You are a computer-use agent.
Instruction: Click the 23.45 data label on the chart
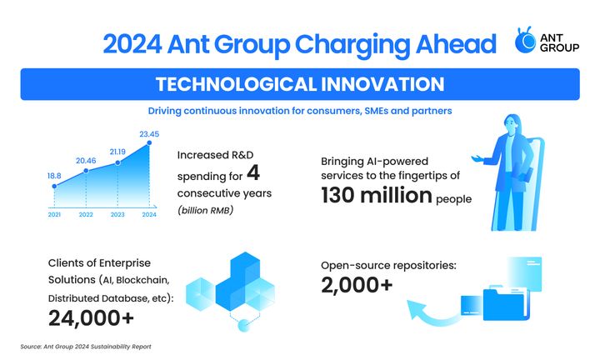[149, 134]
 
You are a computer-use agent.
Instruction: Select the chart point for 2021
[54, 187]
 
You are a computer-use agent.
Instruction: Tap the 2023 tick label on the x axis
[117, 215]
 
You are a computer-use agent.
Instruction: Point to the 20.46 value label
[86, 161]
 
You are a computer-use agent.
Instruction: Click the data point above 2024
[149, 142]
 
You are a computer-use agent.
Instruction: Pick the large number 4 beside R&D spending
[253, 172]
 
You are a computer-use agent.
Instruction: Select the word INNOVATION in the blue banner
[382, 84]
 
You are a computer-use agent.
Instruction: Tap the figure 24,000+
[91, 318]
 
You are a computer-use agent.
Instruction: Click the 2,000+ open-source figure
[357, 285]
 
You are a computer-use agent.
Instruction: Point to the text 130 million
[377, 195]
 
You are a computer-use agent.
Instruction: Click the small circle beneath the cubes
[243, 326]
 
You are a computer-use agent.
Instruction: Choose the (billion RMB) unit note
[206, 210]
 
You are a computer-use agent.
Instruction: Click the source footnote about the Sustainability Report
[86, 347]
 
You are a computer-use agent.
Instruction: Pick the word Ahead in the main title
[456, 44]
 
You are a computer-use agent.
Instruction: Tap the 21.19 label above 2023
[117, 152]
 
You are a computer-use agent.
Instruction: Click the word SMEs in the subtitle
[376, 111]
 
